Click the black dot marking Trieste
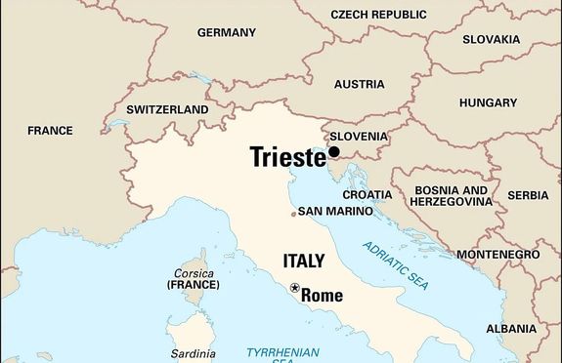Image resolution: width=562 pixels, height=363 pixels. pyautogui.click(x=333, y=152)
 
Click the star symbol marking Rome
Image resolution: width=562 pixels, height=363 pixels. pyautogui.click(x=294, y=288)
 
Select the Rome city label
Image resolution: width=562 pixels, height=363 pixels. pyautogui.click(x=323, y=294)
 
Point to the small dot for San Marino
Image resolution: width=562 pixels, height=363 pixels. pyautogui.click(x=293, y=214)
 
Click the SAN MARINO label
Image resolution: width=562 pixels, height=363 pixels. pyautogui.click(x=335, y=211)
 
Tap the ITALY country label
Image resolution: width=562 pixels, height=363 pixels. pyautogui.click(x=303, y=261)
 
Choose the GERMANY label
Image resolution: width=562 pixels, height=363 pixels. pyautogui.click(x=226, y=32)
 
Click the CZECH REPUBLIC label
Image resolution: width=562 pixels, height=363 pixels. pyautogui.click(x=379, y=15)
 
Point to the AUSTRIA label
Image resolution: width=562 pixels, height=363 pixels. pyautogui.click(x=360, y=83)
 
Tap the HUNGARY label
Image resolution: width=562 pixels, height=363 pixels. pyautogui.click(x=488, y=101)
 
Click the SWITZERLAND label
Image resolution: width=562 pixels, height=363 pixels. pyautogui.click(x=167, y=109)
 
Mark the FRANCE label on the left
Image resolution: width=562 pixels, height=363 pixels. pyautogui.click(x=50, y=130)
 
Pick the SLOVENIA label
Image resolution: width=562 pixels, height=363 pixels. pyautogui.click(x=360, y=137)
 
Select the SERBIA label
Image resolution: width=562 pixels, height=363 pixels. pyautogui.click(x=529, y=195)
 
